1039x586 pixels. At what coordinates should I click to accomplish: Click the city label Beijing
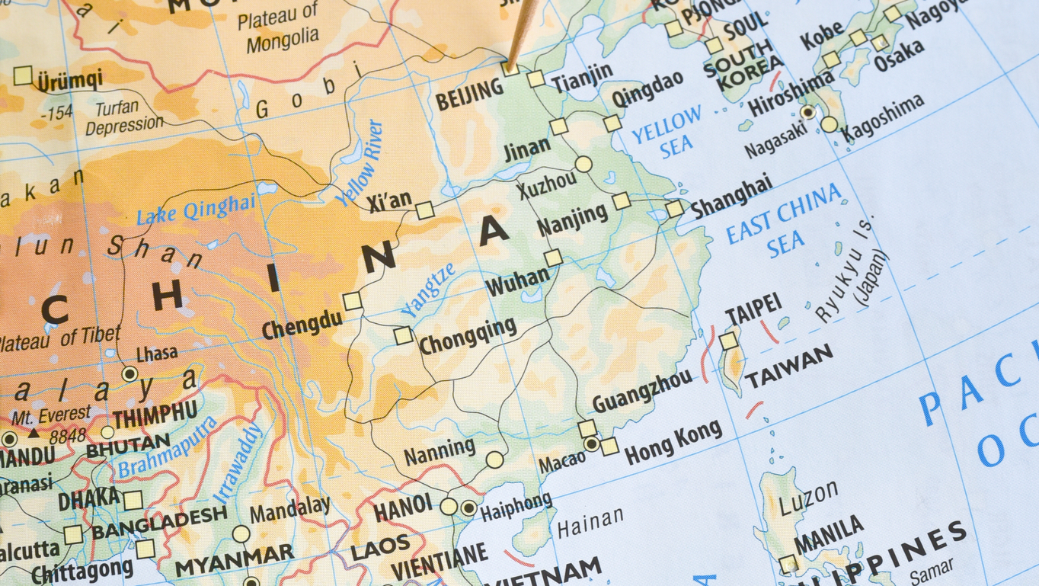[469, 94]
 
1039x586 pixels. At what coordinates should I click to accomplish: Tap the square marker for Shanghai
[674, 209]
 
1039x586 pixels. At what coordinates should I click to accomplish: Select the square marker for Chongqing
[403, 335]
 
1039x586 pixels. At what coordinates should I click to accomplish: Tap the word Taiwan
[789, 367]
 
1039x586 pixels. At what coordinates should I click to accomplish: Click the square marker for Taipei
[729, 341]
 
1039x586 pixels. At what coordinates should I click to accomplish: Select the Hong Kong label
[673, 442]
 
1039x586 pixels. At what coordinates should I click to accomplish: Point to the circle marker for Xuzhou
[583, 164]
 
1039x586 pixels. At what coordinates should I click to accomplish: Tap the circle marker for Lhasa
[129, 373]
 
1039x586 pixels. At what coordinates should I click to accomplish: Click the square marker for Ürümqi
[23, 75]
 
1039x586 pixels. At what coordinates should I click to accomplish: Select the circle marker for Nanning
[495, 460]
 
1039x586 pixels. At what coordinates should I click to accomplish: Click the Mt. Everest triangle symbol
[34, 433]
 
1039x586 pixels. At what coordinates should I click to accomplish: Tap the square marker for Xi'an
[425, 210]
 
